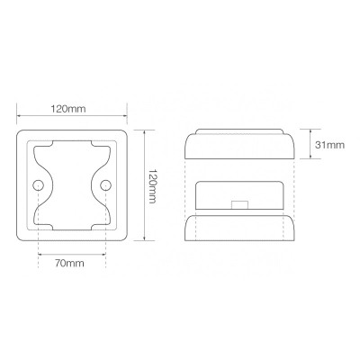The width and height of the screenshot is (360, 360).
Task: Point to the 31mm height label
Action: pos(329,145)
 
